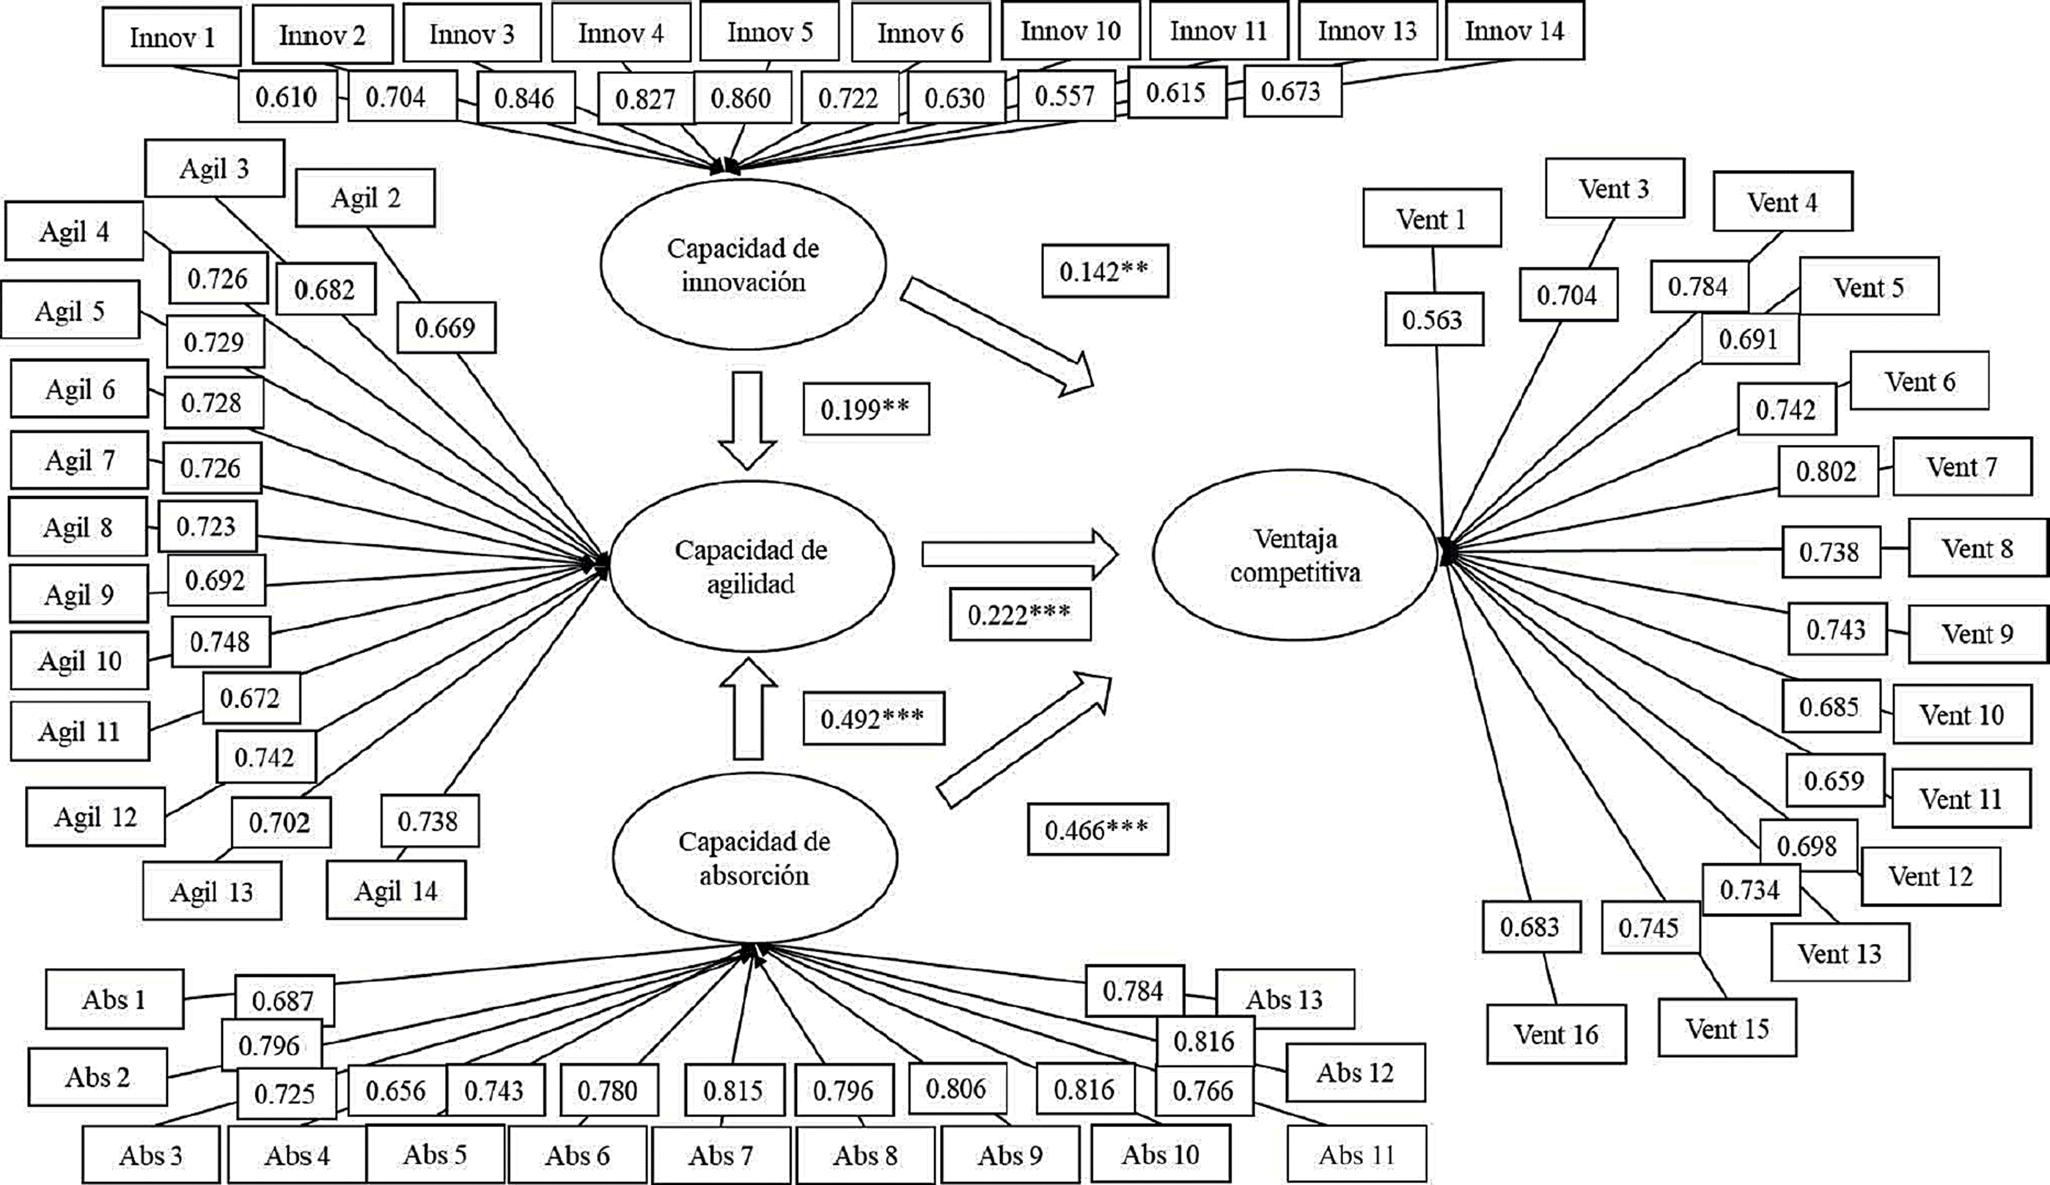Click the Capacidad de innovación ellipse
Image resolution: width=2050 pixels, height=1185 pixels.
coord(743,265)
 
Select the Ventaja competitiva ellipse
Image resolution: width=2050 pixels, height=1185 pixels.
coord(1295,555)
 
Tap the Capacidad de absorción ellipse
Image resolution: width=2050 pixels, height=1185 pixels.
coord(754,859)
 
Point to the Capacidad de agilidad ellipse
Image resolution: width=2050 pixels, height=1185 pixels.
coord(751,567)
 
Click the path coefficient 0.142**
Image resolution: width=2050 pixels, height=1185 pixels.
coord(1104,272)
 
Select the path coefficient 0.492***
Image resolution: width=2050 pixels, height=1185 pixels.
coord(873,719)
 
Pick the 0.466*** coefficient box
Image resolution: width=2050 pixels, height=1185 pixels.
coord(1098,830)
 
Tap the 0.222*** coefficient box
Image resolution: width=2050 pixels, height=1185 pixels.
coord(1019,615)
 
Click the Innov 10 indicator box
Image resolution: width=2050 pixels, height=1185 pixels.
coord(1070,31)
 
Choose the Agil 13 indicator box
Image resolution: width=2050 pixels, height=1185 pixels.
coord(211,892)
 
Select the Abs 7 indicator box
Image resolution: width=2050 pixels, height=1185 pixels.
coord(721,1156)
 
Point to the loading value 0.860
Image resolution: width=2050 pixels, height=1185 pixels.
coord(742,98)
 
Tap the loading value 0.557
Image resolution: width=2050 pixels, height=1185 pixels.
coord(1065,96)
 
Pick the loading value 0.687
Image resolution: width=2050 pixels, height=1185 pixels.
coord(283,1000)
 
